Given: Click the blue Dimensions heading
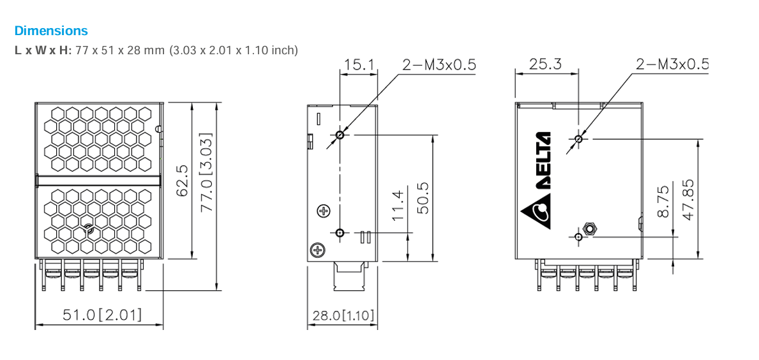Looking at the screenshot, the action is click(51, 31).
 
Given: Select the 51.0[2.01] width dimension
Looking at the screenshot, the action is click(103, 315).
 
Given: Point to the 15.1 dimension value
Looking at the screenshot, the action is click(358, 65).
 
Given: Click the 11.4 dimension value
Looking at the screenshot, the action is click(398, 205).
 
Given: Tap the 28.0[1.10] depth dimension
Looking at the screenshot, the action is click(343, 316).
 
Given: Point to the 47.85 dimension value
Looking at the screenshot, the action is click(689, 200).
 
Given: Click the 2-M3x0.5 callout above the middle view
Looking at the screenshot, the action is click(439, 65).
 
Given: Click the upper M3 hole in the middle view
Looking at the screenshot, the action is click(340, 135).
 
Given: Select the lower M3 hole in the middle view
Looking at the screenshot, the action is click(340, 233).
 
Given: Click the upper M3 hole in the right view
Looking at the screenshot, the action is click(578, 139).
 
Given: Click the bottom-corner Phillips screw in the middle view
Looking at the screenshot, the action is click(317, 250).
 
